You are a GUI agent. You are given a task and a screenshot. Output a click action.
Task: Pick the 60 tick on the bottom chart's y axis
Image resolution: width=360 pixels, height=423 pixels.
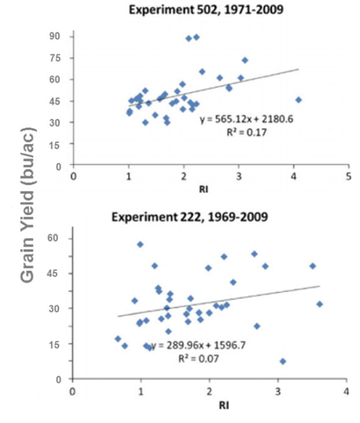57,239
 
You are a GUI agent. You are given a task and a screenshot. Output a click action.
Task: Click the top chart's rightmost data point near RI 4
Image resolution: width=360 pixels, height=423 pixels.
298,100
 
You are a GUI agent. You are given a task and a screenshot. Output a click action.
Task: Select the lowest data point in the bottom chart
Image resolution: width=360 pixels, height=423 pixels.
283,361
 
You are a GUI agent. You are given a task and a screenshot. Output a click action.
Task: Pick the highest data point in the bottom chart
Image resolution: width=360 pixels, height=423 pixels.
140,244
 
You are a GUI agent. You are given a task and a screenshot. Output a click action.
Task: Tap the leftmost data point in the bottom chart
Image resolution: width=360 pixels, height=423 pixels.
118,339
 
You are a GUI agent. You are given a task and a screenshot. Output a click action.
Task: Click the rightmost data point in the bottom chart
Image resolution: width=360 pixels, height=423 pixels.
320,304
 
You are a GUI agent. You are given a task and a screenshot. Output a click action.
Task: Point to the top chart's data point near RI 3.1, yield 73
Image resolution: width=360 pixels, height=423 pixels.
245,60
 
